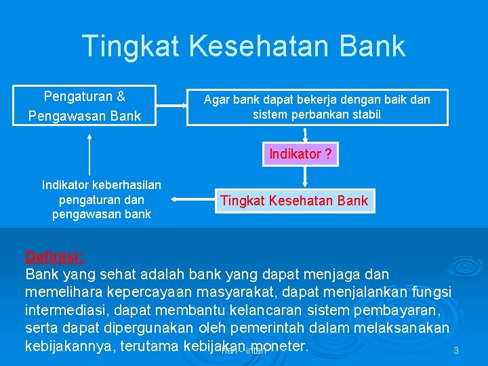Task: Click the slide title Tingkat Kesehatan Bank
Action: pos(243,46)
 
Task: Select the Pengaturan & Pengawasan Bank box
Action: pos(85,106)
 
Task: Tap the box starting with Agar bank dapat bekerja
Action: pos(317,107)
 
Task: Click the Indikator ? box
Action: pos(300,154)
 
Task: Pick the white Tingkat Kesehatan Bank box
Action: pos(294,201)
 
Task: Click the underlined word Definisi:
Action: pos(55,257)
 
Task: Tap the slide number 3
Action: pos(456,351)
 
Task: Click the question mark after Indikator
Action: pos(328,154)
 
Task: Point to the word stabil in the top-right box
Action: pos(367,115)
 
